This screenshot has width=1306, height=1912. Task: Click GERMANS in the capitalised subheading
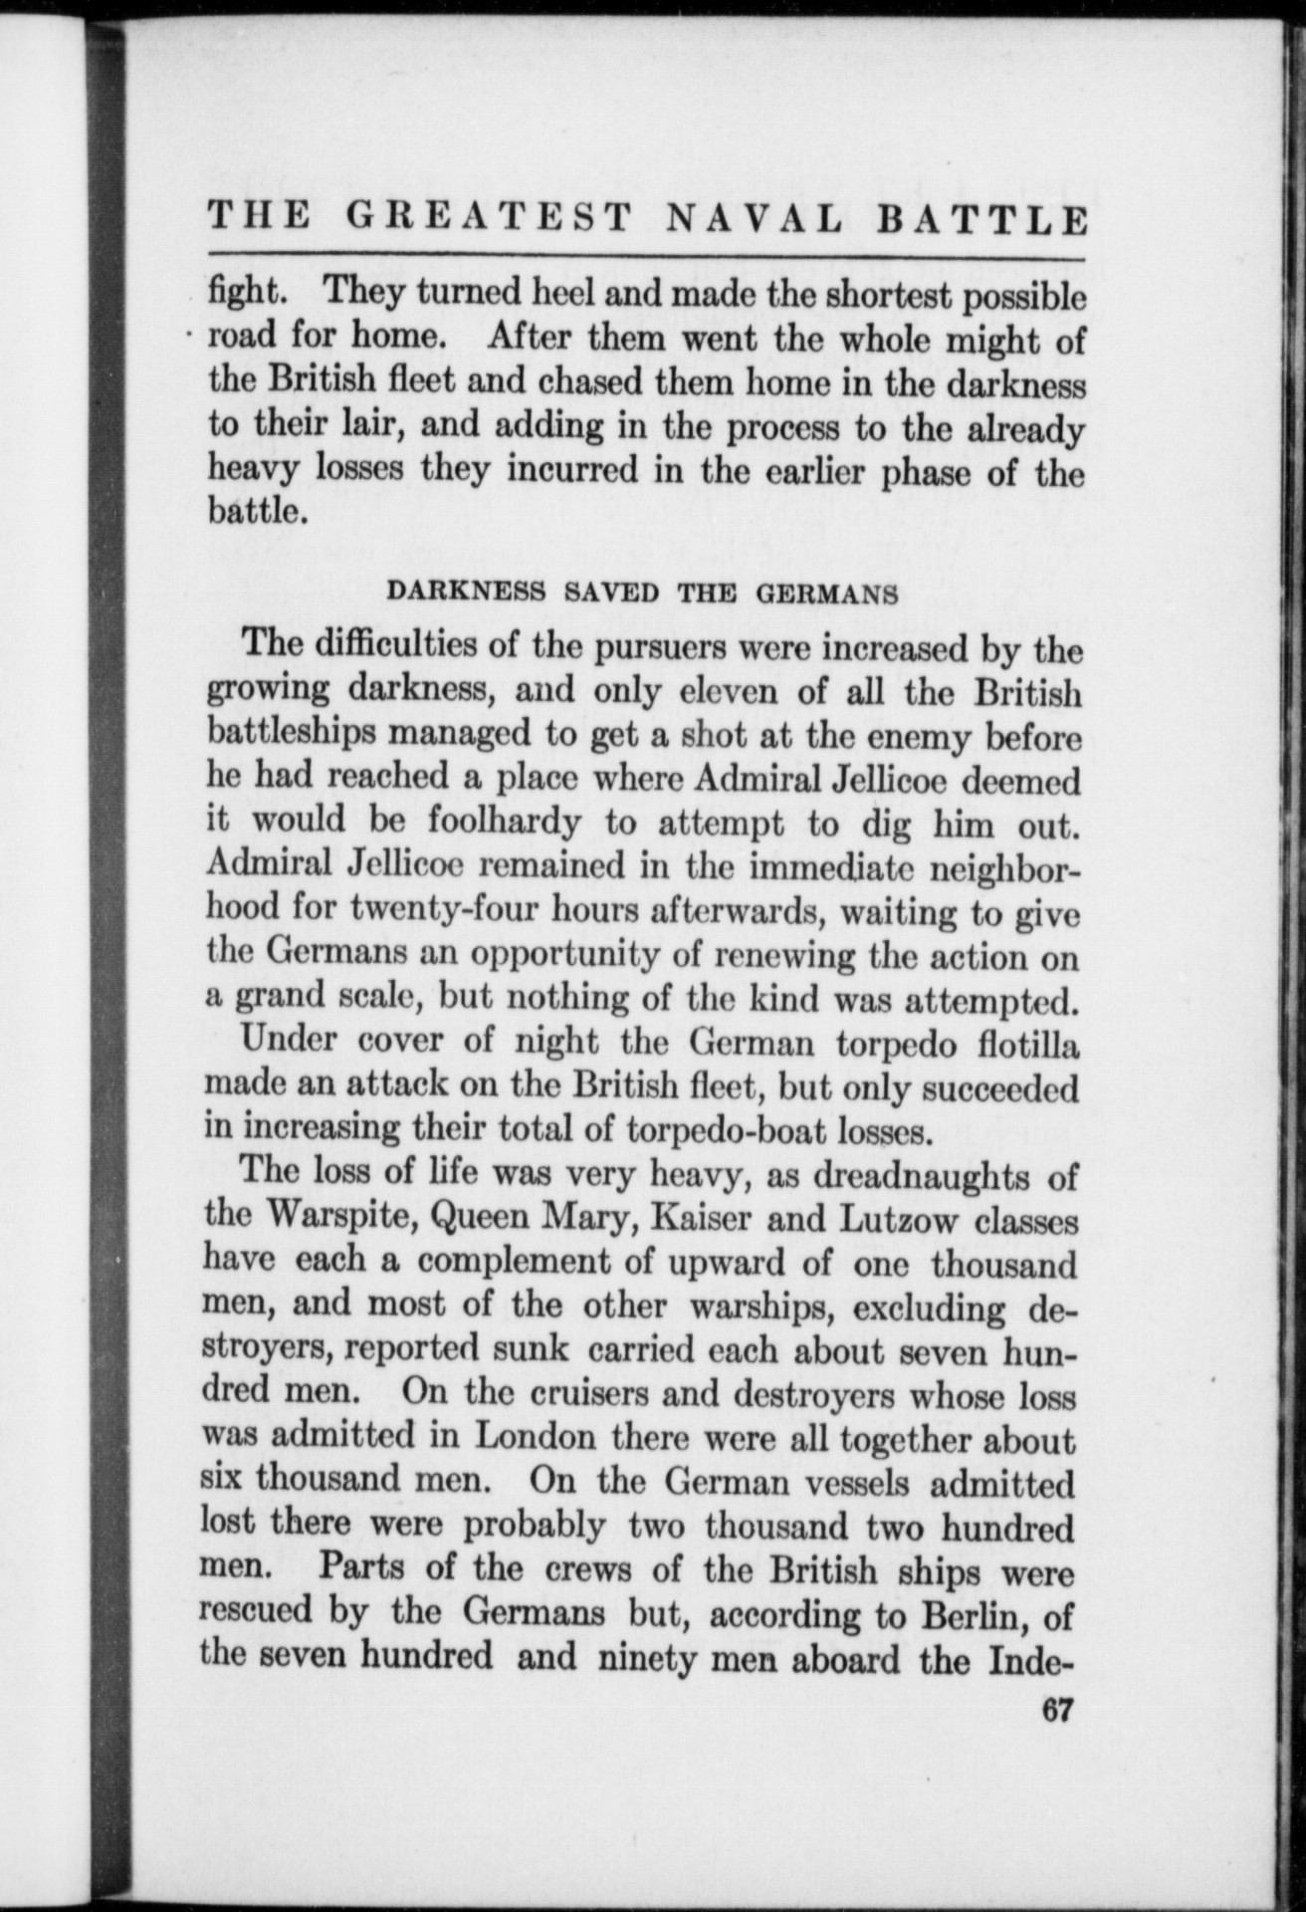point(828,594)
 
